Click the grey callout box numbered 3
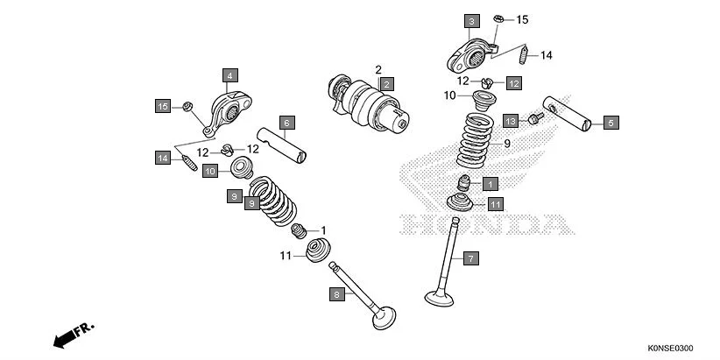click(x=471, y=20)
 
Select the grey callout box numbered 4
click(x=229, y=75)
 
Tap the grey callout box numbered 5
click(x=611, y=124)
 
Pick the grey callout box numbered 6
click(x=286, y=123)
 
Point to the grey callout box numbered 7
click(x=470, y=258)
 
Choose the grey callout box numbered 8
click(x=335, y=295)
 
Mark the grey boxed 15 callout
click(x=163, y=106)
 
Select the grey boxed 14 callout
click(x=163, y=158)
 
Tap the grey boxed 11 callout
click(x=495, y=203)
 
